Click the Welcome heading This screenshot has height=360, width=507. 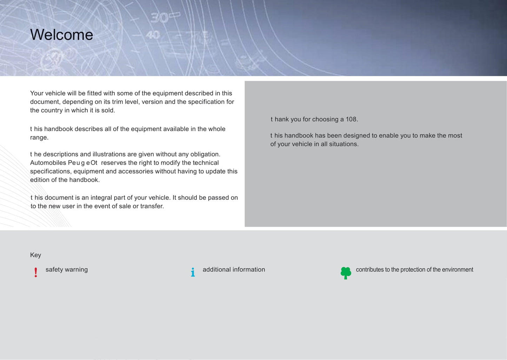click(61, 35)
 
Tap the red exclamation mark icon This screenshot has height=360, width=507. click(36, 272)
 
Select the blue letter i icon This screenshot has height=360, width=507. click(193, 272)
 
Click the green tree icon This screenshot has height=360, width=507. click(346, 273)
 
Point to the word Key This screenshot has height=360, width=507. click(35, 255)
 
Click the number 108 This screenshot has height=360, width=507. click(352, 119)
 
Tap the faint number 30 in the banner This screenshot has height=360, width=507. click(160, 18)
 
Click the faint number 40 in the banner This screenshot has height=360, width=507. click(153, 35)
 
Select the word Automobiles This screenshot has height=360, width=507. click(48, 163)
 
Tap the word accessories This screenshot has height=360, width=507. click(135, 171)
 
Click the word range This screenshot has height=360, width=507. click(39, 138)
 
